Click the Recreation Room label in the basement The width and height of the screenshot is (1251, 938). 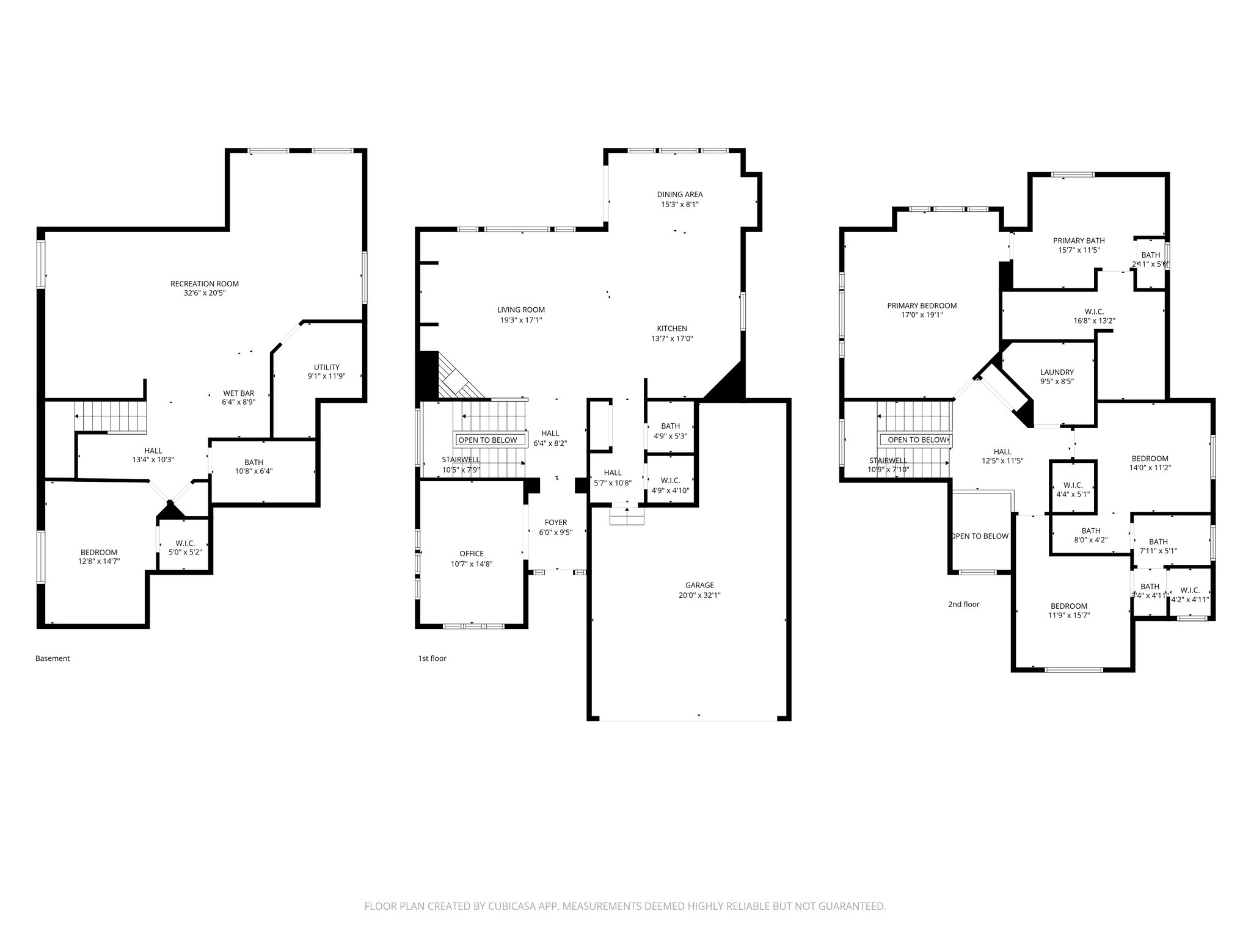click(205, 283)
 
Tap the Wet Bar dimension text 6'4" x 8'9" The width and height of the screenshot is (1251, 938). click(238, 402)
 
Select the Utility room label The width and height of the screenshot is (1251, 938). click(327, 367)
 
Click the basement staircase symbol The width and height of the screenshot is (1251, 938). click(111, 416)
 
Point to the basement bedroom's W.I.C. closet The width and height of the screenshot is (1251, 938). click(184, 547)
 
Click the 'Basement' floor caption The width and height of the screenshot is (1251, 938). click(53, 658)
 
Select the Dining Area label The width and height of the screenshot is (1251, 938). click(680, 194)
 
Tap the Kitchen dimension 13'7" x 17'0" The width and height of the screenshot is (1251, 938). click(672, 338)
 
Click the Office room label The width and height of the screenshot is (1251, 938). click(472, 554)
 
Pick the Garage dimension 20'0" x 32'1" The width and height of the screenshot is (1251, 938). click(699, 595)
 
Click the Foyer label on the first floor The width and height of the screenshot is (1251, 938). click(556, 522)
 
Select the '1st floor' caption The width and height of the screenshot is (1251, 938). click(432, 658)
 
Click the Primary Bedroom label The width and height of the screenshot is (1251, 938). click(922, 306)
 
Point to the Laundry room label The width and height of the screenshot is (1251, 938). click(1057, 372)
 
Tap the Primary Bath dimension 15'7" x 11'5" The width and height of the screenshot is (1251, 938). click(1079, 250)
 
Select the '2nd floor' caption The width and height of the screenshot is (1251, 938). click(963, 605)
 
